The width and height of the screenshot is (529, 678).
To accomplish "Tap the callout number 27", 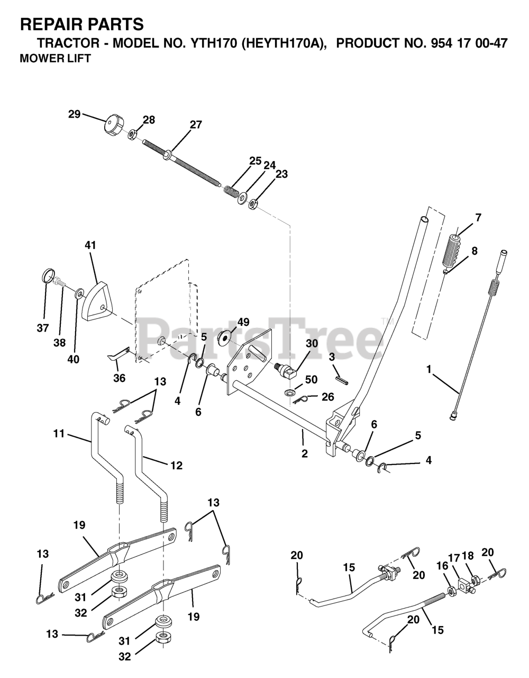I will [196, 125].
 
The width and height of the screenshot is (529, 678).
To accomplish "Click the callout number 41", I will [91, 245].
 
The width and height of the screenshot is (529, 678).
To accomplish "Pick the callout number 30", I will [312, 343].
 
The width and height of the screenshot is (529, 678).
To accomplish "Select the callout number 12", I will [176, 466].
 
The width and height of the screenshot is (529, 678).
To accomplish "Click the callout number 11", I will [59, 433].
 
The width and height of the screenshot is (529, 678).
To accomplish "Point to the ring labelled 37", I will [48, 276].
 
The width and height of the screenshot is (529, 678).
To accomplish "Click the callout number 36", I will [120, 378].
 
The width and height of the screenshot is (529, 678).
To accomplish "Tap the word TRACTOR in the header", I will [61, 43].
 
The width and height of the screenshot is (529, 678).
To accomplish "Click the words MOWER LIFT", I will [55, 59].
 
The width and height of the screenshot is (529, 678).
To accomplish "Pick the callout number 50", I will [311, 379].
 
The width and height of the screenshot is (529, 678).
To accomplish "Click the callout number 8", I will [475, 251].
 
